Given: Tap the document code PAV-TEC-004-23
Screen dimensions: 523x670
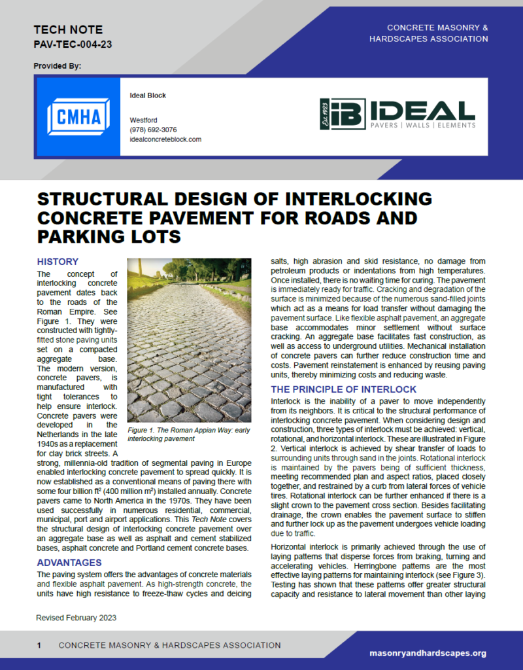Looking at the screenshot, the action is tap(73, 44).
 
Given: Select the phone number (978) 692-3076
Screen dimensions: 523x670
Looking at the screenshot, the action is tap(153, 130).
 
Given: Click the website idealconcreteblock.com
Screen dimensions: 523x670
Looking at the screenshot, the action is tap(165, 139).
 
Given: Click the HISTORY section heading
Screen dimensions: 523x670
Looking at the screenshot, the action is tap(58, 262).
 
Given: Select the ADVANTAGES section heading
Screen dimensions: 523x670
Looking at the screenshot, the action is tap(69, 562).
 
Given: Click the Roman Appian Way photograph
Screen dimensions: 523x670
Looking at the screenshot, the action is tap(189, 340).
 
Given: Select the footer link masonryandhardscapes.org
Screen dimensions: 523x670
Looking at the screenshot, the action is tap(428, 653).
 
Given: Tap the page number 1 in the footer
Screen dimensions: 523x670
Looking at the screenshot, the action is tap(39, 645).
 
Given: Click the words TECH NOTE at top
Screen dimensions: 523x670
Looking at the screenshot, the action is tap(68, 30).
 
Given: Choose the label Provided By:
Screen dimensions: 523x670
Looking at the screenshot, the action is tap(56, 65).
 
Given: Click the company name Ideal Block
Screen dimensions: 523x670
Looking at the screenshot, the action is tap(148, 96).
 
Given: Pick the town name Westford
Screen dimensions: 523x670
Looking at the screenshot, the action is tap(144, 120).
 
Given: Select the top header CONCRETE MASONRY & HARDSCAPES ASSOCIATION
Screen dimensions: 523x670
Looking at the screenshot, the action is tap(437, 33).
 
